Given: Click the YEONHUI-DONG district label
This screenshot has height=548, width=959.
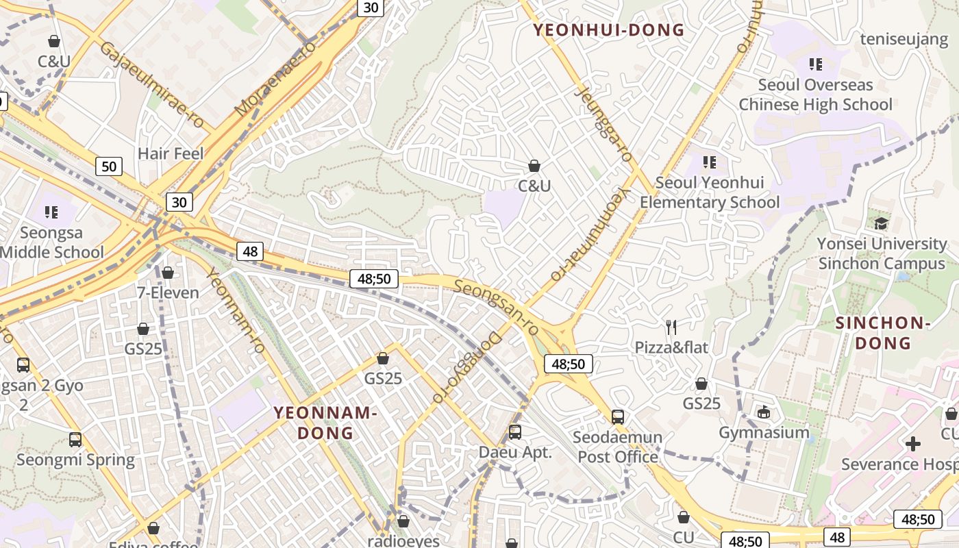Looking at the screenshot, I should [609, 30].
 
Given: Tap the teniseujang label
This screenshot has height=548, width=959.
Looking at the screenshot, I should [904, 39].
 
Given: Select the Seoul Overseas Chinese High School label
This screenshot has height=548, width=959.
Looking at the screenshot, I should [815, 95].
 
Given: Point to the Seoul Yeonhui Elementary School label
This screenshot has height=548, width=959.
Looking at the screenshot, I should [710, 192].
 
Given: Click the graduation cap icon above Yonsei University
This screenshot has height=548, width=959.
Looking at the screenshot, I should [881, 223].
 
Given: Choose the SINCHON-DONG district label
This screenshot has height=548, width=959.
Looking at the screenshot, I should [883, 333].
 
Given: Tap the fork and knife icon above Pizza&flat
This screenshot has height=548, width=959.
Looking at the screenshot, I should [671, 327].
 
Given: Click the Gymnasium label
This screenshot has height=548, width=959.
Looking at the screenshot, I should [764, 433].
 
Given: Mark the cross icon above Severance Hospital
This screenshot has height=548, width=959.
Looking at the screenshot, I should [912, 444].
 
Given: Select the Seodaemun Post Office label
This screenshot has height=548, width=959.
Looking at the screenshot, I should [618, 447].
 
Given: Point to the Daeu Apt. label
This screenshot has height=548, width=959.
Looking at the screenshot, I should [515, 453].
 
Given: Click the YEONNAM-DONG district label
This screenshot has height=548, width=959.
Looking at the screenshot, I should [325, 423].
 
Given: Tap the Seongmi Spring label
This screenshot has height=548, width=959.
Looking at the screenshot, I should [75, 460].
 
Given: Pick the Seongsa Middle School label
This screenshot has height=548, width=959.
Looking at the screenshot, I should [51, 242].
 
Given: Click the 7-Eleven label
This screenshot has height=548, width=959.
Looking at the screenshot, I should [168, 293].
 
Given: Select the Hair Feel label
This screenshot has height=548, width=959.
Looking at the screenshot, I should [171, 153].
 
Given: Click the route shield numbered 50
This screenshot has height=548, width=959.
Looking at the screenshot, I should [108, 166].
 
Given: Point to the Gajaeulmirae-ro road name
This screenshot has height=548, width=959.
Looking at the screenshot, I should [151, 85].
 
